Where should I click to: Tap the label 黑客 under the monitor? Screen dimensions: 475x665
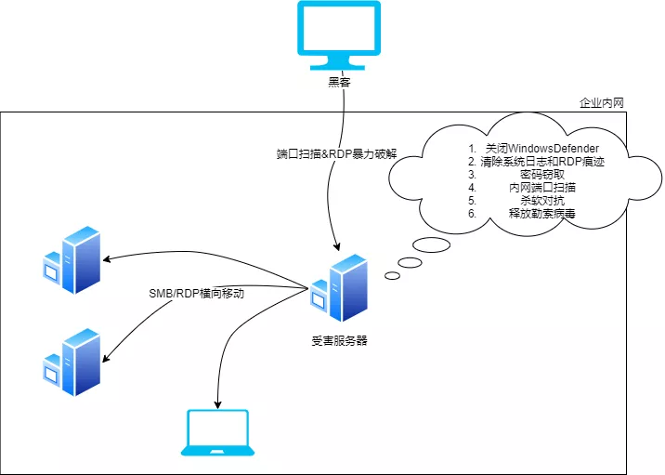pos(340,82)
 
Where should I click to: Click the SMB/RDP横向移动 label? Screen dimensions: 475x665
pos(197,294)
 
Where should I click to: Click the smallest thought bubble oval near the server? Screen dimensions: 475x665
pos(392,275)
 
